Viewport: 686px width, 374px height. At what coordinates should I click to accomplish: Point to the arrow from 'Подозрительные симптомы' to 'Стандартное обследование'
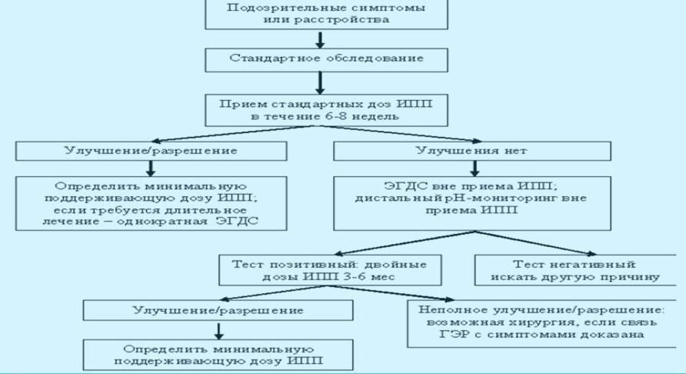pos(321,38)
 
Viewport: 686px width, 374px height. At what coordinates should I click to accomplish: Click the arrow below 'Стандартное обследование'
pos(321,81)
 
